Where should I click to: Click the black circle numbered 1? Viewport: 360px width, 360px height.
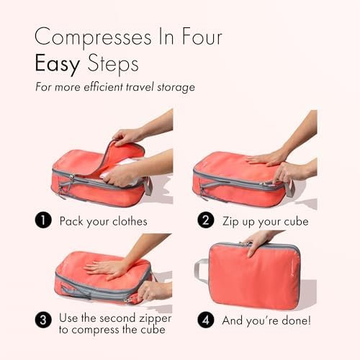pyautogui.click(x=43, y=220)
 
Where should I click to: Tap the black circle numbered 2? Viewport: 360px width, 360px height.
pyautogui.click(x=206, y=220)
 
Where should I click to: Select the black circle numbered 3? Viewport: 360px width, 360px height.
pyautogui.click(x=43, y=320)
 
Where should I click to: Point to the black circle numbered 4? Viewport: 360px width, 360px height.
pyautogui.click(x=206, y=320)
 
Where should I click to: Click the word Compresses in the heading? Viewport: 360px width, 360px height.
pyautogui.click(x=93, y=37)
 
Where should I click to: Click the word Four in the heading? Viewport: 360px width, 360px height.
pyautogui.click(x=202, y=37)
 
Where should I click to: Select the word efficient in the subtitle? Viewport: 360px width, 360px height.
pyautogui.click(x=103, y=86)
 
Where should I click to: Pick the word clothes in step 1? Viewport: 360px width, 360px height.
pyautogui.click(x=130, y=221)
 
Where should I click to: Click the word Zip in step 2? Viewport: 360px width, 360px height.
pyautogui.click(x=230, y=222)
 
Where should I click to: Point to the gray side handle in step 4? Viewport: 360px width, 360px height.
pyautogui.click(x=201, y=270)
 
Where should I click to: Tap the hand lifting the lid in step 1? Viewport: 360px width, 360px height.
pyautogui.click(x=127, y=137)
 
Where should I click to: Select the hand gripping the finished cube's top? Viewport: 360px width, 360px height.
pyautogui.click(x=258, y=243)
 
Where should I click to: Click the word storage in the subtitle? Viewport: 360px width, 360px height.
pyautogui.click(x=176, y=87)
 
